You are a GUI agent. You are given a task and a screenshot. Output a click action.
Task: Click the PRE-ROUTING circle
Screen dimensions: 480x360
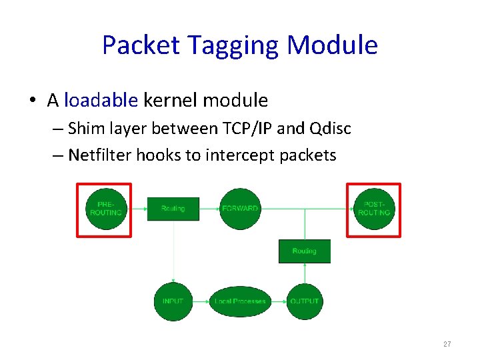click(105, 209)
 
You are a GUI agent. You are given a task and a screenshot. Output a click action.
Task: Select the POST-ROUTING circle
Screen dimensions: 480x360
click(374, 209)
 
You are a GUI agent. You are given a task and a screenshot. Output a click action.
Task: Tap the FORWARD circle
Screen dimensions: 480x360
click(240, 209)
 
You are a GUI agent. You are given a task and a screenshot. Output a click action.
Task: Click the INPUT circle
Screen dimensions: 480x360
click(173, 301)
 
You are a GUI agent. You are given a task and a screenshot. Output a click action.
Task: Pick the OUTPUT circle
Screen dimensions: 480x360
click(304, 301)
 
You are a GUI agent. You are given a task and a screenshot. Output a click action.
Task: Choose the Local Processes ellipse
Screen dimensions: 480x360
click(240, 301)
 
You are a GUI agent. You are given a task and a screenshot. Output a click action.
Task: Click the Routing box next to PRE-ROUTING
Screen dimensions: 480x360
click(173, 209)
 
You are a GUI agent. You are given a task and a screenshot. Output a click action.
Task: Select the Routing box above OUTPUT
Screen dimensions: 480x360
click(304, 251)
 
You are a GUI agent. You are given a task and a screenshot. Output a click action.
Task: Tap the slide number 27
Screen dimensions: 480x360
click(447, 344)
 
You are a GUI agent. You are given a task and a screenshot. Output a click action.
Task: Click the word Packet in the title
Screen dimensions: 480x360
click(141, 45)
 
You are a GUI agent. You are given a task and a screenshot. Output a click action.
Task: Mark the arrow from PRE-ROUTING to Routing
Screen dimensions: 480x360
click(139, 209)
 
